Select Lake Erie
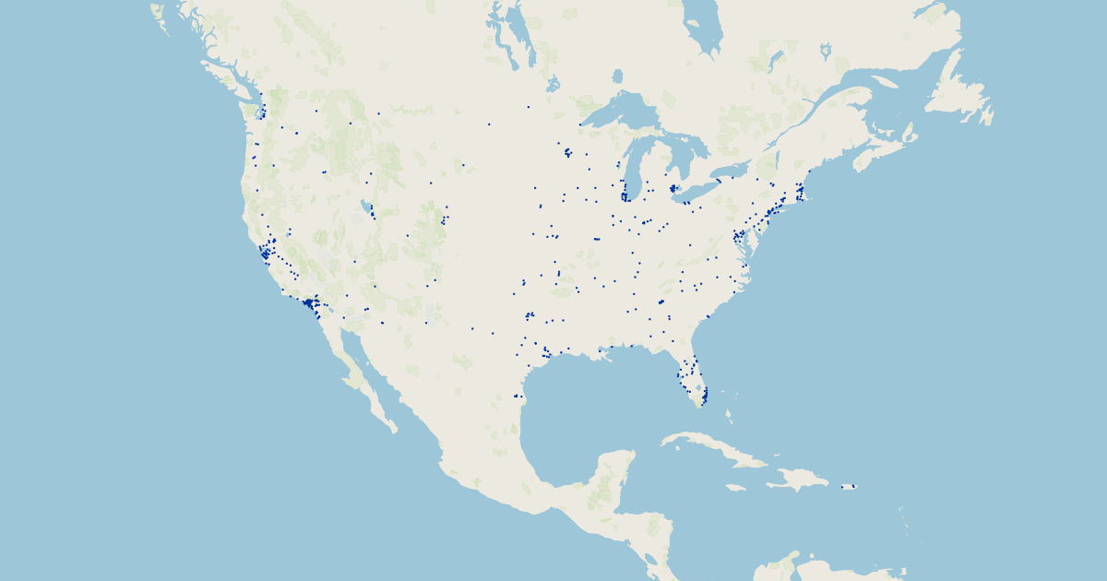click(x=696, y=190)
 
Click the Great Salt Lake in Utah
click(x=367, y=206)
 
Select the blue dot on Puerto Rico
click(x=853, y=486)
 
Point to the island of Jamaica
click(x=735, y=487)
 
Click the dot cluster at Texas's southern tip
click(x=518, y=397)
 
